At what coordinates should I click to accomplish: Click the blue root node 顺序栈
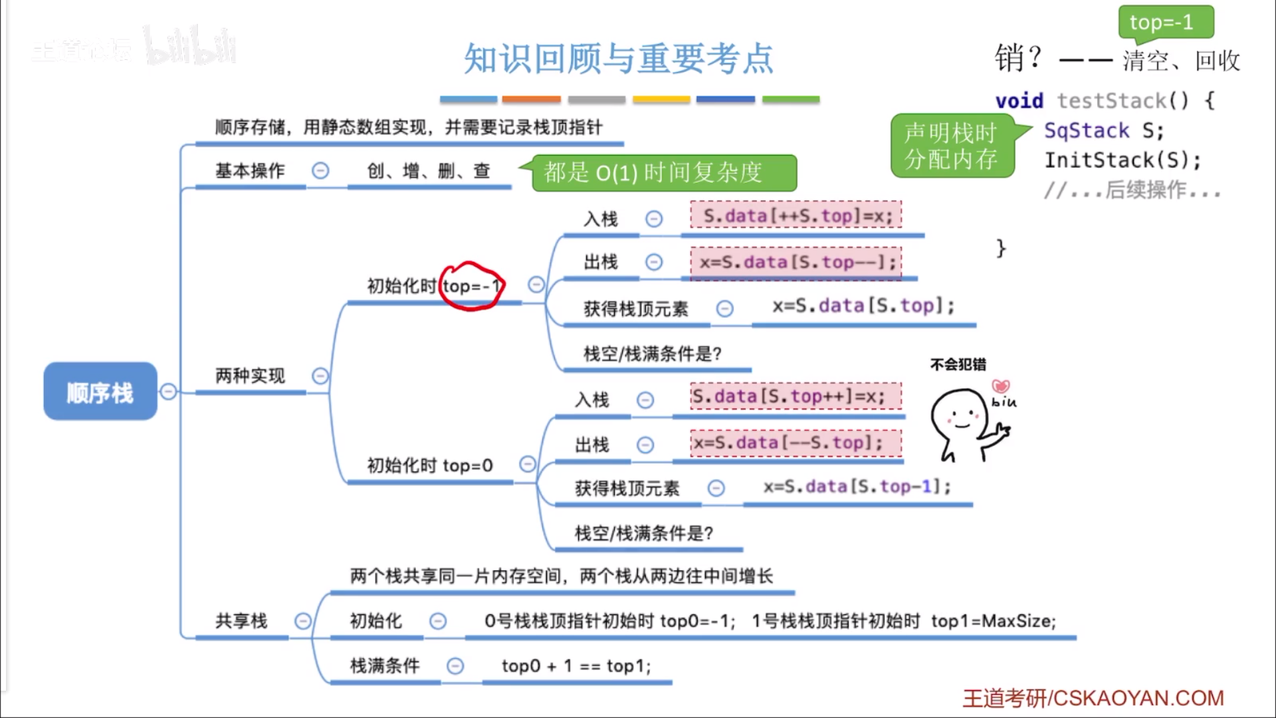click(100, 392)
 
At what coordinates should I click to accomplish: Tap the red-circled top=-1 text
click(471, 287)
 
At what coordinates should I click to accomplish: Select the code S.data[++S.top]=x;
click(796, 215)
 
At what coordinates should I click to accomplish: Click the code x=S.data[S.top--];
click(796, 262)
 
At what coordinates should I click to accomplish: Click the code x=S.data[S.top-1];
click(857, 487)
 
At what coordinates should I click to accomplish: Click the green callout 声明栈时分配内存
click(951, 146)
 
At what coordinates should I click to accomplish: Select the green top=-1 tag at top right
click(1165, 23)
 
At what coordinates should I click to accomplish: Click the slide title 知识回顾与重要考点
click(618, 59)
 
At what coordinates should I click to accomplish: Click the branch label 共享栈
click(241, 621)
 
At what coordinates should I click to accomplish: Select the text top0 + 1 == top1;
click(576, 665)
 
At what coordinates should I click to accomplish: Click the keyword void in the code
click(1019, 101)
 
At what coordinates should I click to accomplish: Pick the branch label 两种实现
click(250, 376)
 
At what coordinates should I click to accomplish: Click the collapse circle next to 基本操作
click(320, 171)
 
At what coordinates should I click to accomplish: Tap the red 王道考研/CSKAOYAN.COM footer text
click(1093, 698)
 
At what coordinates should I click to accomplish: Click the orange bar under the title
click(531, 99)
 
